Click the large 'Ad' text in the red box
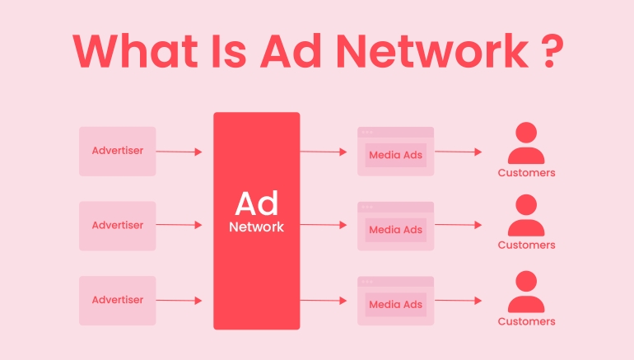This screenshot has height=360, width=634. [x=256, y=203]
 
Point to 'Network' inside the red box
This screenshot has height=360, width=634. [x=256, y=226]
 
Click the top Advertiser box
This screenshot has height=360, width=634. [x=117, y=151]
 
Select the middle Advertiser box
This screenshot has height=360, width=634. [x=117, y=225]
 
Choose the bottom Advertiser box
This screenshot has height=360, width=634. [x=117, y=300]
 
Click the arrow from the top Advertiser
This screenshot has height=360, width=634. [x=179, y=152]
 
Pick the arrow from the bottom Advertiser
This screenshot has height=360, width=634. [x=179, y=301]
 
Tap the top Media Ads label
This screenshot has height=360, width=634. [x=396, y=154]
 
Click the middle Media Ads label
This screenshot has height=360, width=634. [x=396, y=229]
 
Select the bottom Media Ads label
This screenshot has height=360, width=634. [x=396, y=304]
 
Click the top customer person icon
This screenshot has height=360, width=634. [x=526, y=143]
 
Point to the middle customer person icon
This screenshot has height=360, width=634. [x=526, y=216]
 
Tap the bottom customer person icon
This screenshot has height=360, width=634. [x=526, y=292]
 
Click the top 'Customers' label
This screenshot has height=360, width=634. [x=526, y=173]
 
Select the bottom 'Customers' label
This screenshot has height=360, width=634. [x=526, y=321]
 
